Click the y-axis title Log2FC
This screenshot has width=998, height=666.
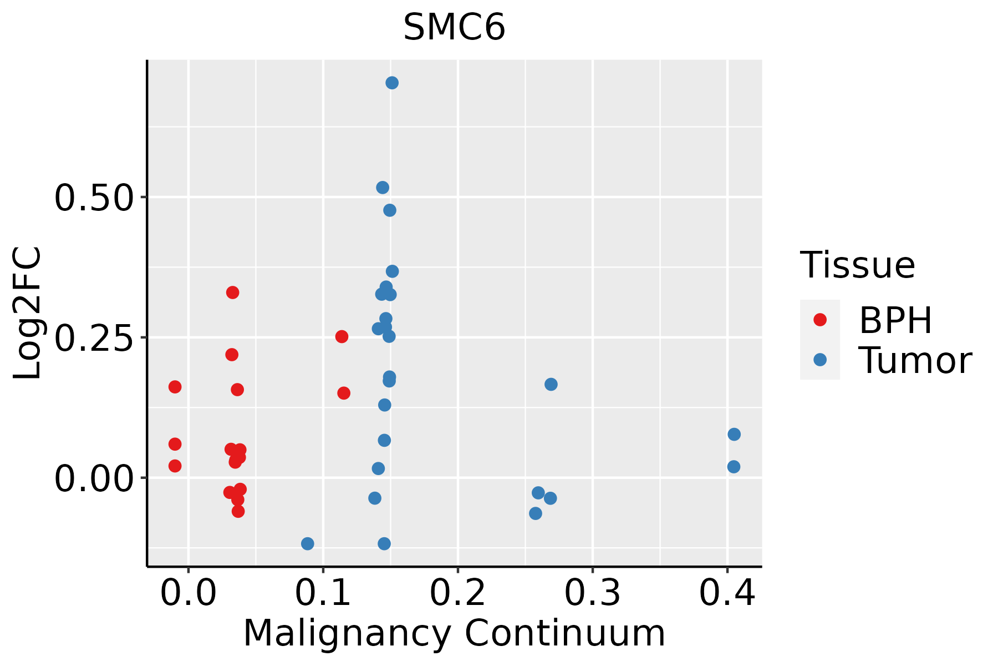pos(28,314)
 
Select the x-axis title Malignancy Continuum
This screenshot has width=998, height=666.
pos(454,633)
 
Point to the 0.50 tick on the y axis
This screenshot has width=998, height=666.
pos(94,198)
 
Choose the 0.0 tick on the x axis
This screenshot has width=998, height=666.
pos(189,593)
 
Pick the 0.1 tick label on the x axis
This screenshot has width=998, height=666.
pos(323,593)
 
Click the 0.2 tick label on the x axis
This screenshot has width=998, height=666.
pos(458,593)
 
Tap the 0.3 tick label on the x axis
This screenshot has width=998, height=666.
pos(593,593)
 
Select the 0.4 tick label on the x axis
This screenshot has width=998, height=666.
pos(727,593)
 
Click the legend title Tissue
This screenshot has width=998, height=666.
pos(858,265)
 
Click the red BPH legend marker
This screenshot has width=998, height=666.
pos(820,320)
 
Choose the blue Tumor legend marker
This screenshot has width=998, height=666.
pos(820,360)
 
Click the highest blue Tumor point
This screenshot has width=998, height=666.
pos(392,83)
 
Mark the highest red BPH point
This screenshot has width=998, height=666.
pos(233,292)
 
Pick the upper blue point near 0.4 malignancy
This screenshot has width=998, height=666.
pos(734,434)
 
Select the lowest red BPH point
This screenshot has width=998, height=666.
pos(238,511)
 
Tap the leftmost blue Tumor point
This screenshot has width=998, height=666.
pos(308,543)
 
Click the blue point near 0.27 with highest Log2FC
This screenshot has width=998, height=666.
pos(551,384)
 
